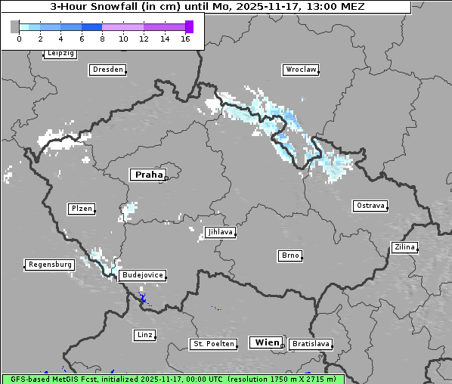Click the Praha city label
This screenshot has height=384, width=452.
click(148, 175)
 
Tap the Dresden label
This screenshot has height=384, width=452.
click(107, 70)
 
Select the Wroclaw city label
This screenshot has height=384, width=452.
click(301, 70)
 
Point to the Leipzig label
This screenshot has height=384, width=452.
click(60, 54)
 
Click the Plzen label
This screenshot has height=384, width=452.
click(82, 209)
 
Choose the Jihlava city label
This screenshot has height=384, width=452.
click(219, 232)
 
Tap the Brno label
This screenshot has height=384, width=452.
click(290, 255)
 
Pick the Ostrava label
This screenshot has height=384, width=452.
click(370, 206)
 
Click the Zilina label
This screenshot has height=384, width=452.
click(405, 247)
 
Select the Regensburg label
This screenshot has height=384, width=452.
click(50, 265)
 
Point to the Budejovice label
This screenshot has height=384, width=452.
click(142, 275)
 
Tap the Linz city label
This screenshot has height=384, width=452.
click(144, 334)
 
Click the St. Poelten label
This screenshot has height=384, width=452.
click(209, 344)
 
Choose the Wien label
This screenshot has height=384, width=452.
click(267, 342)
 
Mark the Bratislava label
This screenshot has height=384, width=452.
click(311, 344)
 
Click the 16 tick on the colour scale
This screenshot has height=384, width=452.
click(185, 39)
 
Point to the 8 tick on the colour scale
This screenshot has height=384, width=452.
click(102, 39)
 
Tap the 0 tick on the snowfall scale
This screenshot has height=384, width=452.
click(19, 39)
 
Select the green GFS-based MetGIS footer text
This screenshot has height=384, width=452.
click(172, 379)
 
